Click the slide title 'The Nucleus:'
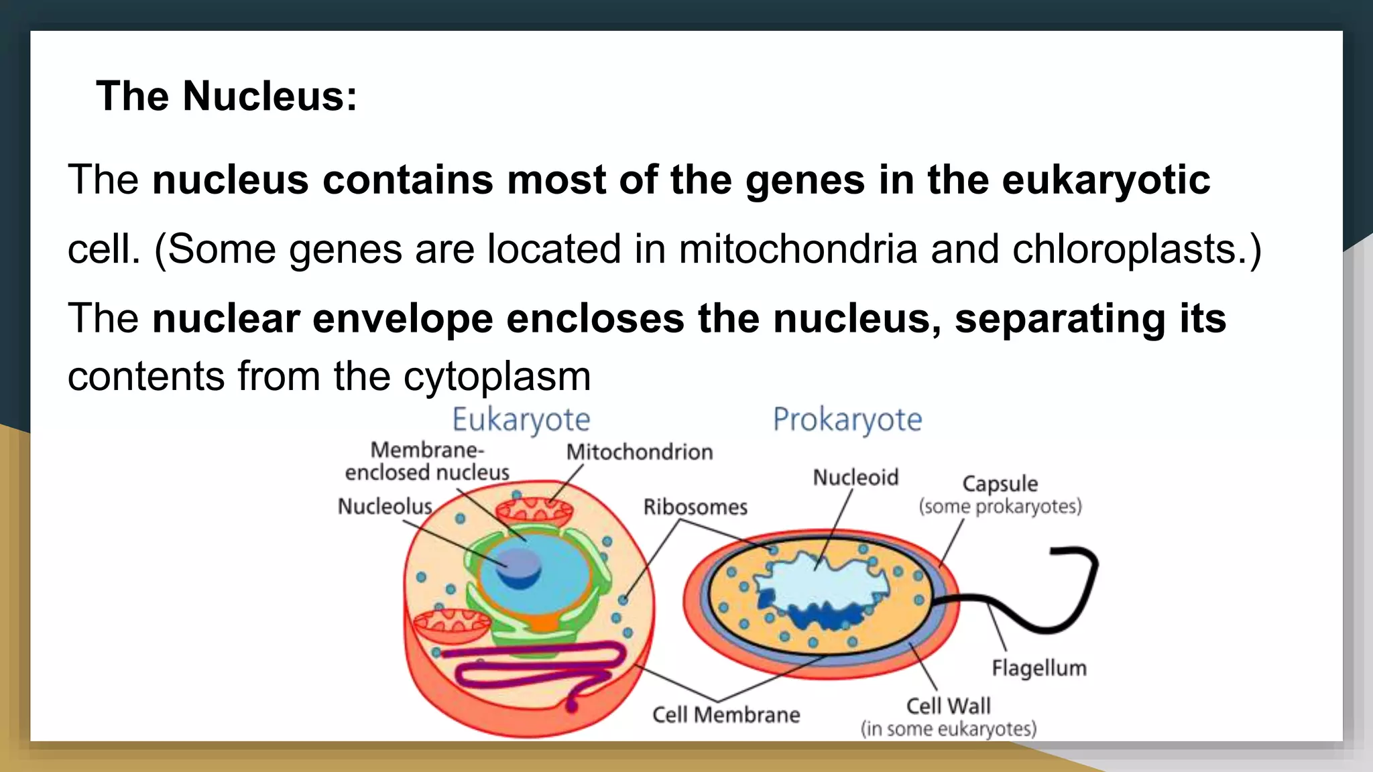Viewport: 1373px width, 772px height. (227, 96)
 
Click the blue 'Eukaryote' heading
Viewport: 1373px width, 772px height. (521, 420)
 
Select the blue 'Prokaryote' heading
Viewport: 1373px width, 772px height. (847, 420)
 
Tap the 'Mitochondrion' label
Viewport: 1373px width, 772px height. (640, 452)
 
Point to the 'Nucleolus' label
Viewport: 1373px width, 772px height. (385, 507)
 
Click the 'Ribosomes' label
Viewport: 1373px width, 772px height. (695, 507)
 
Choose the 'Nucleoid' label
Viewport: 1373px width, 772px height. (855, 478)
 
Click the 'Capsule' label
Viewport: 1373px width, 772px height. (1000, 484)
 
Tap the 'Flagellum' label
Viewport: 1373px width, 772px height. (1039, 668)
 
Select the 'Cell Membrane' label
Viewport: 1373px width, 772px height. (726, 715)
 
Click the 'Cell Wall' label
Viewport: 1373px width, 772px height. (948, 706)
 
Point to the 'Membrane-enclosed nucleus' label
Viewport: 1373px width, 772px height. (427, 462)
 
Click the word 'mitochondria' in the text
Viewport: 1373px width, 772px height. (798, 249)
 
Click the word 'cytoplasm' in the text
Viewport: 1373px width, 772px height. (497, 377)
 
